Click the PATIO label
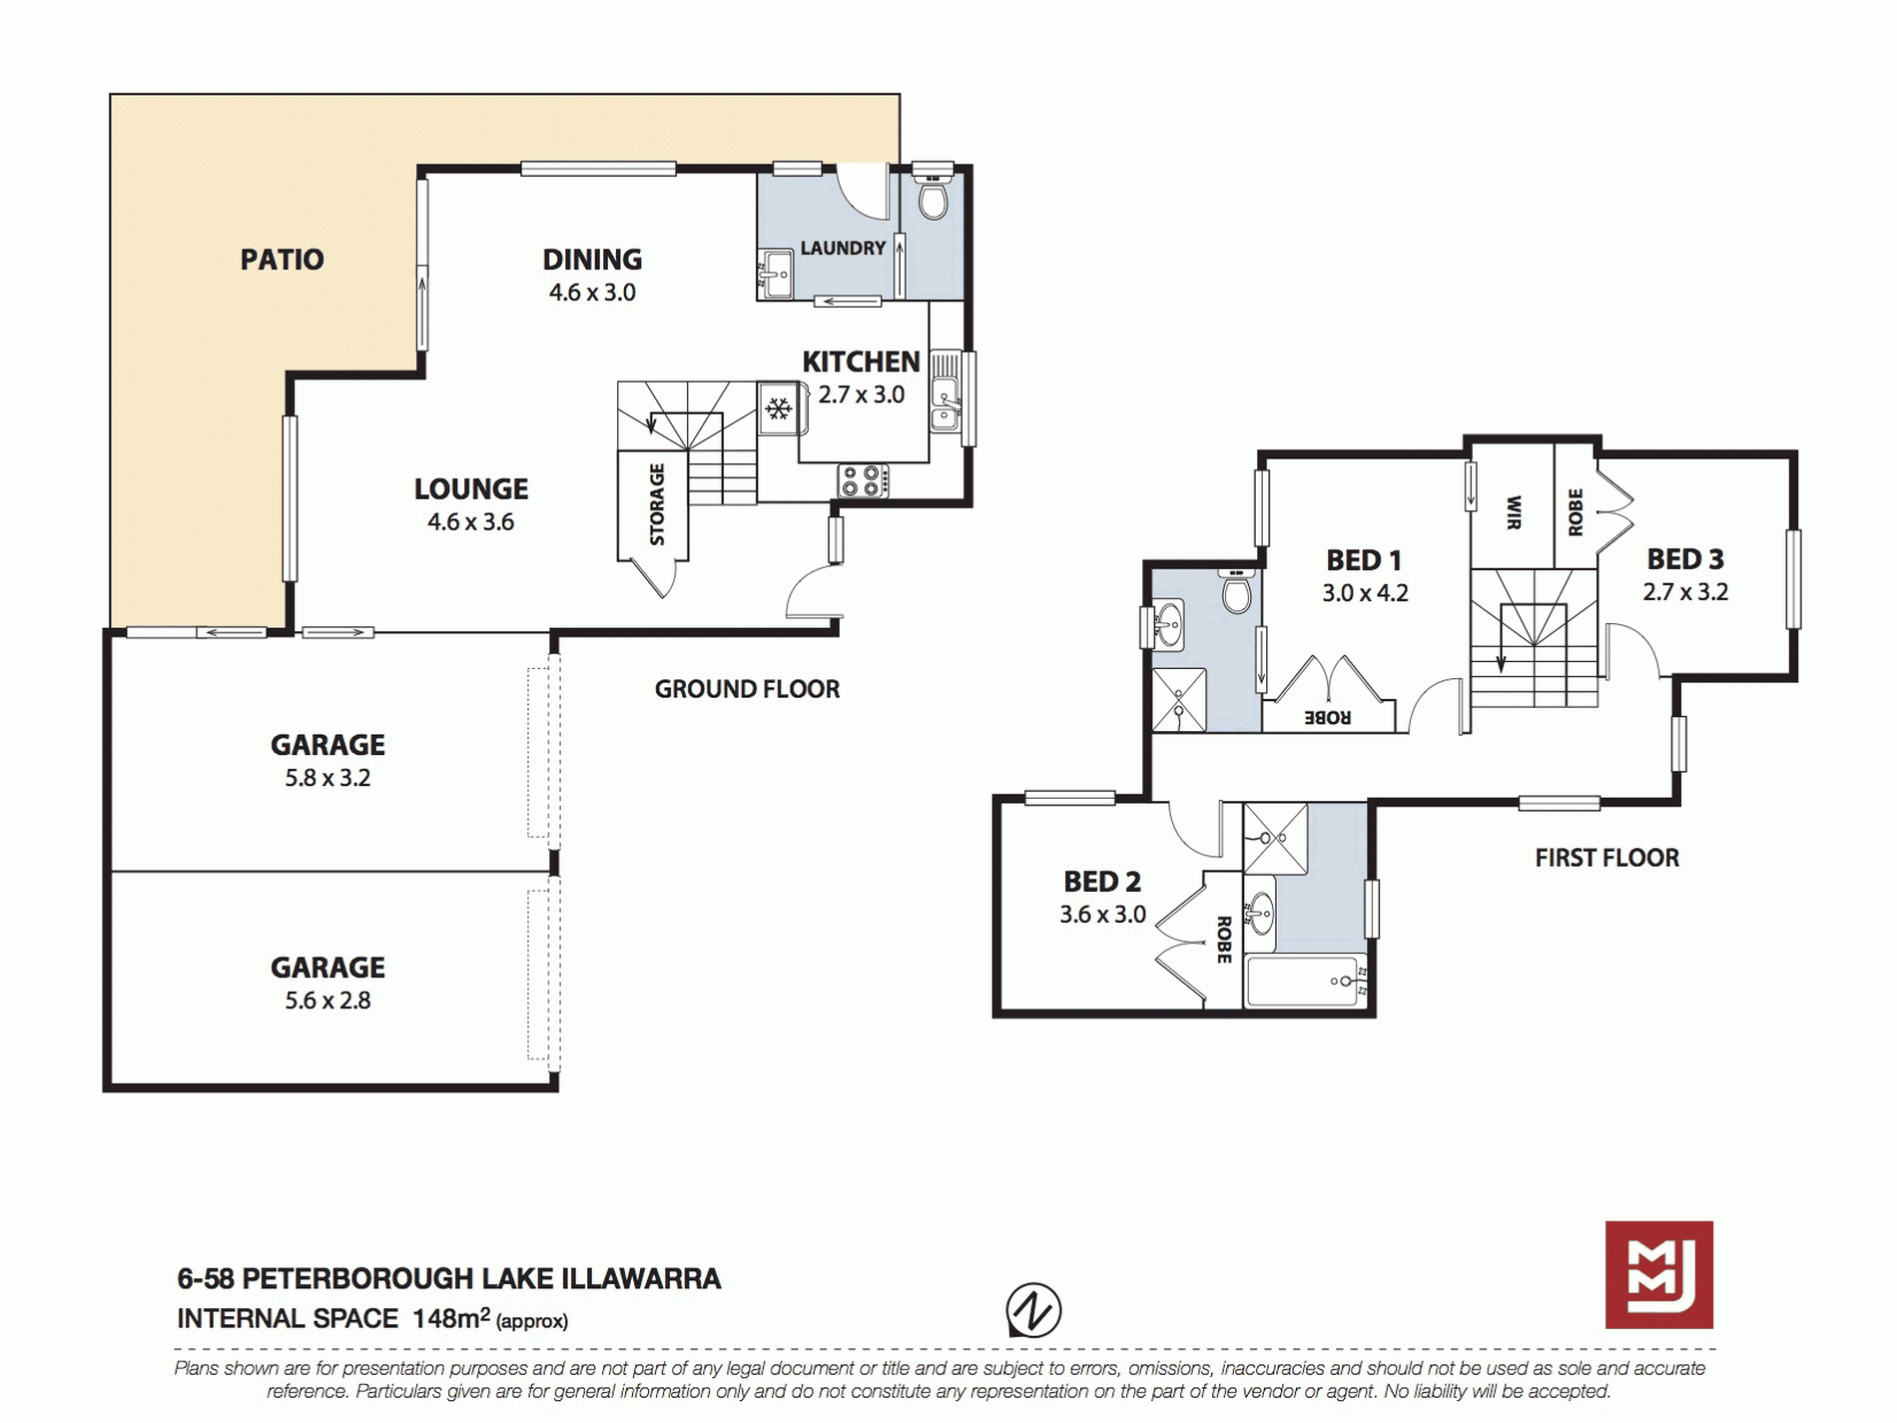pos(282,260)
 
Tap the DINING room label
pos(592,260)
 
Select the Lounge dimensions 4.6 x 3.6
pos(471,522)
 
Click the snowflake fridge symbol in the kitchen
pos(779,408)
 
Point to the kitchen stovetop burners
pos(864,481)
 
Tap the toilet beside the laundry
pos(934,198)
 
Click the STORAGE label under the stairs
pos(657,504)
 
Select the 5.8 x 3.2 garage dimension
pos(327,778)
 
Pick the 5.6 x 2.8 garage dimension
pos(327,1001)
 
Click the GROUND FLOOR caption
pos(747,689)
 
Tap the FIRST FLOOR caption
pos(1607,858)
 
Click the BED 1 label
pos(1364,560)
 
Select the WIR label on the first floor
pos(1514,512)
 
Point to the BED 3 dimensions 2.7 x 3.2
pos(1685,592)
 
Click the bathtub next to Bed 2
pos(1305,981)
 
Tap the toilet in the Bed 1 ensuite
pos(1237,591)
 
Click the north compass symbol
pos(1033,1310)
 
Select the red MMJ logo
pos(1659,1274)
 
